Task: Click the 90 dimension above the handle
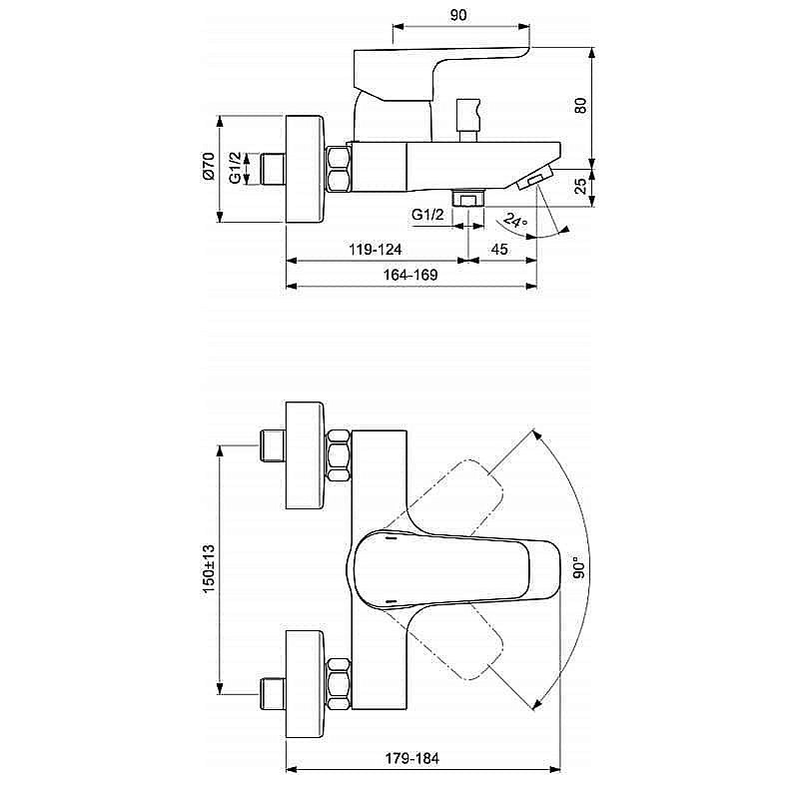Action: click(x=458, y=15)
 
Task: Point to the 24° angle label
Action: click(x=515, y=221)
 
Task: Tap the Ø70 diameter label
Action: click(x=208, y=166)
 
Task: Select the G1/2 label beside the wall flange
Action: click(x=235, y=167)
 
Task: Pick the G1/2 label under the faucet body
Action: click(x=426, y=214)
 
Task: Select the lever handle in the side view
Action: click(x=439, y=75)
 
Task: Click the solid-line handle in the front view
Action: click(x=449, y=570)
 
